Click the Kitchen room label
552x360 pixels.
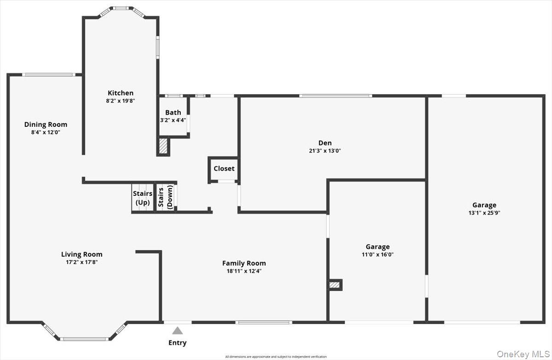coord(121,93)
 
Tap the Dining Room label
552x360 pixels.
coord(46,124)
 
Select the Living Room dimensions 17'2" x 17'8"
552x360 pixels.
coord(82,262)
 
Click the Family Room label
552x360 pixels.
coord(244,263)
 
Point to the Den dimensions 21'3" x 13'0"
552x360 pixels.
coord(325,150)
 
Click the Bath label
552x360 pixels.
coord(173,112)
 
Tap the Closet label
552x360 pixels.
coord(224,169)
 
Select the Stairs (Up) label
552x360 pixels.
coord(143,198)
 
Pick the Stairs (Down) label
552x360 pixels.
coord(166,198)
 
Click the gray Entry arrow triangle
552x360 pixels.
coord(178,331)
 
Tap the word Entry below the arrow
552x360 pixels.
coord(178,343)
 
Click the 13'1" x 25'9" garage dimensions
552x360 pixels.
coord(484,213)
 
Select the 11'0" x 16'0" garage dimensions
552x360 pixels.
coord(377,254)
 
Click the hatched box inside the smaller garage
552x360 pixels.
coord(335,285)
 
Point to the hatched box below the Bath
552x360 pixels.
coord(163,146)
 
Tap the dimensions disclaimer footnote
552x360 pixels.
coord(276,357)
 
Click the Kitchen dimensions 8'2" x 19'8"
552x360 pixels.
coord(121,100)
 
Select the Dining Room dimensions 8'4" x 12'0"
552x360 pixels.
coord(46,132)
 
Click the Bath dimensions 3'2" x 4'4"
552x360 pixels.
coord(173,120)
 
